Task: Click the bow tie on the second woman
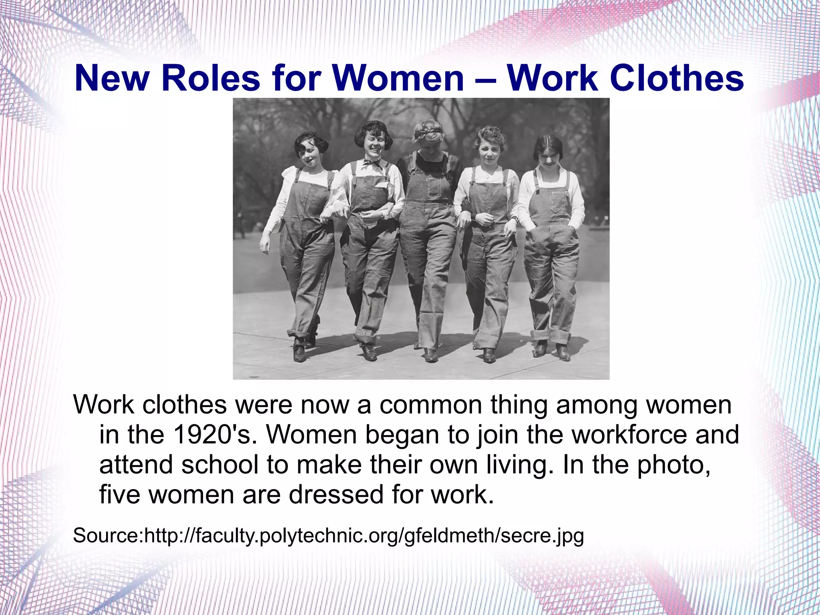(x=372, y=163)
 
